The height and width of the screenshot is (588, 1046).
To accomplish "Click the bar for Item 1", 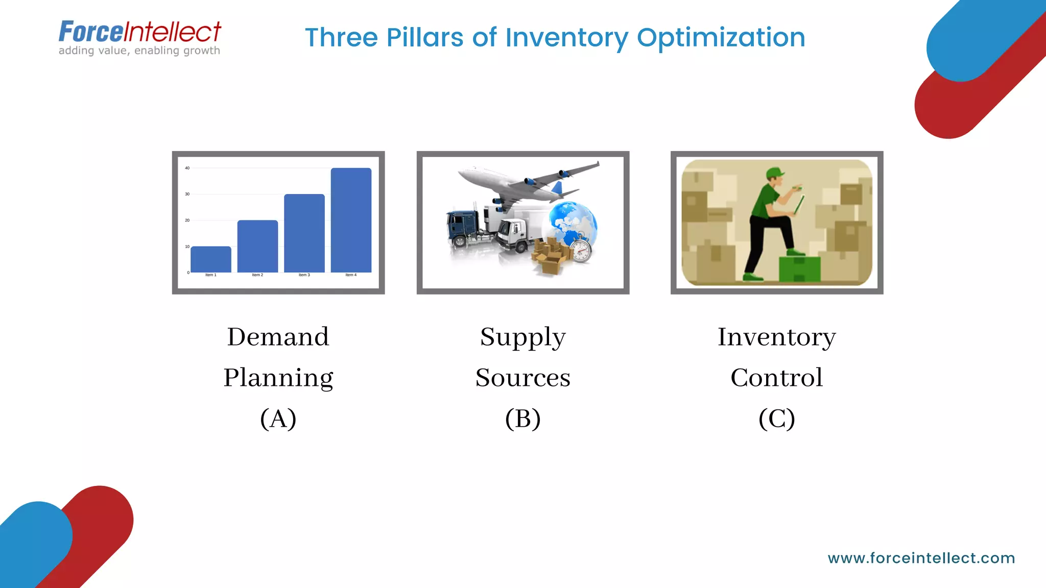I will coord(210,259).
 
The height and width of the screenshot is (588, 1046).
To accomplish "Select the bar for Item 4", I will coord(351,220).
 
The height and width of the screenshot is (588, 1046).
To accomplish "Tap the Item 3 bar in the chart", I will coord(304,233).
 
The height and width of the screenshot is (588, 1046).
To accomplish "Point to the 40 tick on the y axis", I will coord(187,168).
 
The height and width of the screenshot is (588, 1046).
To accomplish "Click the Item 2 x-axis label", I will coord(257,275).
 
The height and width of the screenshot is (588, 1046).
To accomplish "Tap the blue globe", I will coord(572,222).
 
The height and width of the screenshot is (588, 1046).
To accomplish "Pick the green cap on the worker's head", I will coord(775,172).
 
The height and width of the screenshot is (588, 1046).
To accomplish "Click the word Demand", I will coord(278,337).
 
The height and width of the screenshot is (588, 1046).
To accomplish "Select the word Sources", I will coord(522,378).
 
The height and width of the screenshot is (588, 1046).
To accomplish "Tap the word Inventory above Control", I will coord(776,337).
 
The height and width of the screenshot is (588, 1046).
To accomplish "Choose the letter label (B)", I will coord(522,419).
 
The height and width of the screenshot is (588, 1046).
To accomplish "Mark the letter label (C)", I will coord(776,419).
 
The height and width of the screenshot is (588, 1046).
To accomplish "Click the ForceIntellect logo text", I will coord(139,32).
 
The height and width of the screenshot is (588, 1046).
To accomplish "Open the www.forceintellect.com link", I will coord(921,558).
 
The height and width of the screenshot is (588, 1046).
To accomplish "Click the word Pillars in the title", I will coord(425,38).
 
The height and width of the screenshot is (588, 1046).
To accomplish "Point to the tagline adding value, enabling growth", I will coord(139,51).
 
